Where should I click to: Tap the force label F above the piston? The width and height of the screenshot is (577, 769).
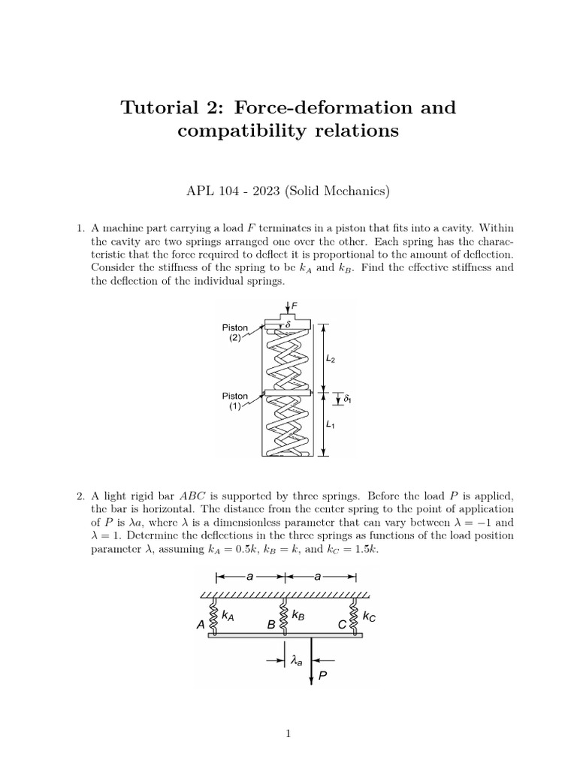pos(295,306)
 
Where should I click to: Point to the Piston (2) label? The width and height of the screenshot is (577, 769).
pos(235,333)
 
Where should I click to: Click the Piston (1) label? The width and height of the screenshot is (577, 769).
pos(235,402)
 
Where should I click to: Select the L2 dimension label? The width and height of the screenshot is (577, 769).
pos(331,360)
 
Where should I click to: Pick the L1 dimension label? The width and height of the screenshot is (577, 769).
pos(331,424)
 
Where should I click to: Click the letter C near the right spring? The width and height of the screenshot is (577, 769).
pos(342,624)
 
